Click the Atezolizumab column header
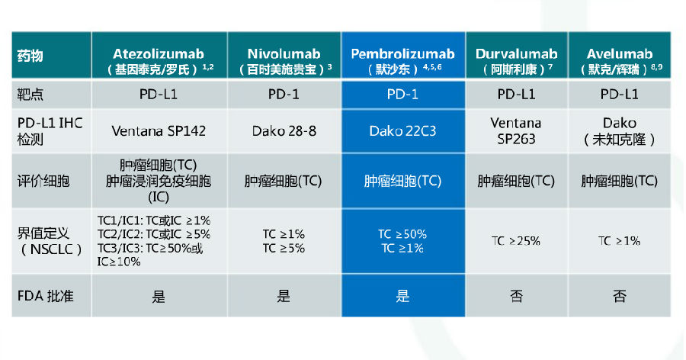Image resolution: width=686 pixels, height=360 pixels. pyautogui.click(x=159, y=55)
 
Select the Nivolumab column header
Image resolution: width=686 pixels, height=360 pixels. pyautogui.click(x=284, y=55)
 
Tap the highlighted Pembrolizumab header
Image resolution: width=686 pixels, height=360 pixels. pyautogui.click(x=403, y=55)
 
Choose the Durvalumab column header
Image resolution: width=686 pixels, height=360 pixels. pyautogui.click(x=516, y=55)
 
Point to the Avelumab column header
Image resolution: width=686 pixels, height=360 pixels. pyautogui.click(x=620, y=55)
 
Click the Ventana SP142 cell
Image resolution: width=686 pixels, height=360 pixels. pyautogui.click(x=159, y=131)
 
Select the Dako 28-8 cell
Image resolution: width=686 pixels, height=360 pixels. pyautogui.click(x=284, y=131)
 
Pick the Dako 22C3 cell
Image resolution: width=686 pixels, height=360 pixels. pyautogui.click(x=402, y=131)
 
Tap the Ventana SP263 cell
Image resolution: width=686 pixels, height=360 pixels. pyautogui.click(x=516, y=131)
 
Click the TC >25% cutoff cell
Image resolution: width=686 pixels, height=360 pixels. pyautogui.click(x=516, y=241)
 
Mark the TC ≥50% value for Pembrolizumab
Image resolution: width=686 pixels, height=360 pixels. pyautogui.click(x=402, y=234)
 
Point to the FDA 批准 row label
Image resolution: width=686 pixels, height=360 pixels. pyautogui.click(x=46, y=296)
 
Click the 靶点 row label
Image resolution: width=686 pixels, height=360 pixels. pyautogui.click(x=30, y=94)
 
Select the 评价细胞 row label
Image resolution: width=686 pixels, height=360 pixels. pyautogui.click(x=43, y=181)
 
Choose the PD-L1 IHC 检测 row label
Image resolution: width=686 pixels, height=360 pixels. pyautogui.click(x=50, y=131)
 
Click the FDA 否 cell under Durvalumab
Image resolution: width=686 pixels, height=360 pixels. pyautogui.click(x=516, y=297)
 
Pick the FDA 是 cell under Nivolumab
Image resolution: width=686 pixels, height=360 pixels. pyautogui.click(x=284, y=297)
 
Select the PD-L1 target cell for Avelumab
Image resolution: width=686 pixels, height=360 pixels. pyautogui.click(x=620, y=94)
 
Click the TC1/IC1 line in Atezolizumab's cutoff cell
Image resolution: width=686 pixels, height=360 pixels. pyautogui.click(x=154, y=220)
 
